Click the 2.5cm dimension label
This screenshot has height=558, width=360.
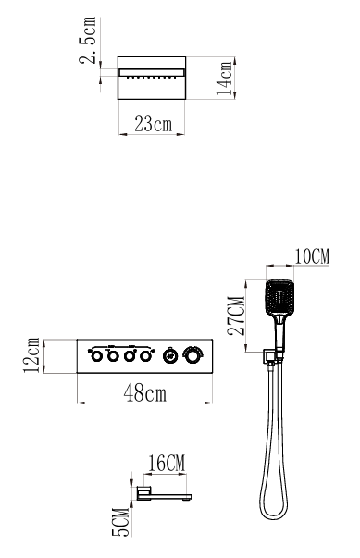[88, 40]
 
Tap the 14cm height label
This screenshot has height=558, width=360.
[225, 79]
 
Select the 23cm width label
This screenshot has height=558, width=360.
[153, 124]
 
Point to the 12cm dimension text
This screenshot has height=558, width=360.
[31, 355]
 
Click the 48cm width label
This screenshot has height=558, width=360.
[144, 393]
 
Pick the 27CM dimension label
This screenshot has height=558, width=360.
[236, 316]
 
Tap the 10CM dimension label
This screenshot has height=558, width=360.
[312, 256]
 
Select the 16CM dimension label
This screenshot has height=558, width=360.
[167, 463]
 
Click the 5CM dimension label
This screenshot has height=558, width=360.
[120, 522]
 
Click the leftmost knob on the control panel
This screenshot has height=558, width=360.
[97, 356]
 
